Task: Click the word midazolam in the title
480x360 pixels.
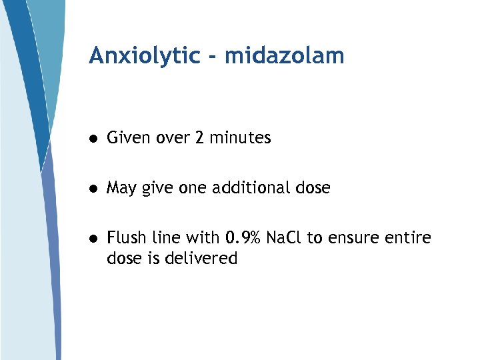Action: point(285,56)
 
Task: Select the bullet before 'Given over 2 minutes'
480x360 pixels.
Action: point(95,139)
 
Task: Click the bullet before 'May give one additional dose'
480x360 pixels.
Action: point(95,189)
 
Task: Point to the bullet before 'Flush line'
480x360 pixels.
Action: point(95,238)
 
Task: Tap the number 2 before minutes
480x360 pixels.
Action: point(200,138)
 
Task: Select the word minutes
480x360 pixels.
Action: point(240,138)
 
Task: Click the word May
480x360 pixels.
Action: point(121,189)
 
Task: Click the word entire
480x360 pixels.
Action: point(409,237)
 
